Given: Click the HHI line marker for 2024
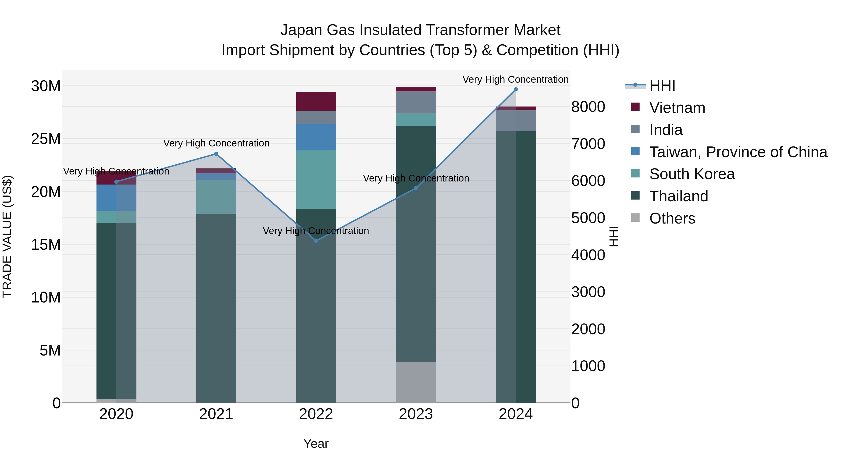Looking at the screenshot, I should [516, 89].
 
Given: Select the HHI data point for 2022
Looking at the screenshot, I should [316, 241].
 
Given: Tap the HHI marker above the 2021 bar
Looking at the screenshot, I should [216, 154].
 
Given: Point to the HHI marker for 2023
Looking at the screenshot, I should [416, 188].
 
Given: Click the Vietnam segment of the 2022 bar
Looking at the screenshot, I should [316, 102].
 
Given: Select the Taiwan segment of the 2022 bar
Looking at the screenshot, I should [316, 137].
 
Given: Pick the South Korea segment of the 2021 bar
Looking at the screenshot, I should [216, 197].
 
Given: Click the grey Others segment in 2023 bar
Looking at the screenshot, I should [416, 382].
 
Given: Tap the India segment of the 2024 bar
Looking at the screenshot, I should [516, 121].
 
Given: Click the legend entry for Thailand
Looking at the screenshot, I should [678, 196].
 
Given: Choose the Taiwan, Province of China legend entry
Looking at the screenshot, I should [738, 152].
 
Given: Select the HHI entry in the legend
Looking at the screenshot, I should [662, 85].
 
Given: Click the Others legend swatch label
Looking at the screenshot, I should [672, 218].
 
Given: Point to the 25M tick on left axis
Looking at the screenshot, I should [46, 139].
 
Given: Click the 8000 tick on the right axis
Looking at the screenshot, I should [588, 107].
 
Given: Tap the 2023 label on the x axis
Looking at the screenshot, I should [416, 414].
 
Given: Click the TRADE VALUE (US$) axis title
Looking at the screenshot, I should [7, 236].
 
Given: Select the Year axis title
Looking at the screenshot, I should [316, 444].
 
